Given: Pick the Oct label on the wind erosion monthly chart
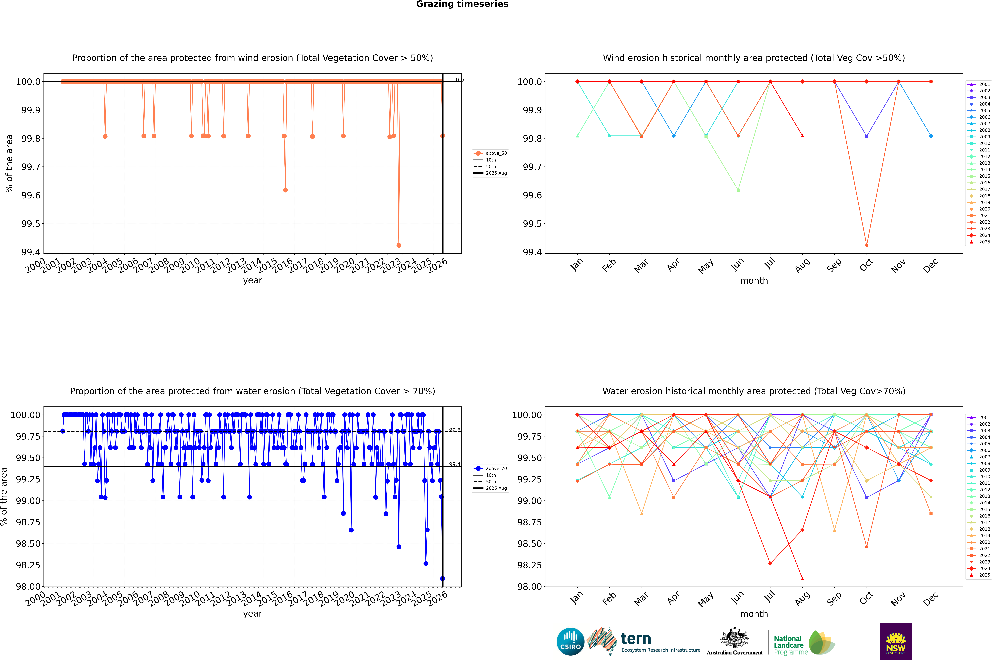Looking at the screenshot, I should point(866,265).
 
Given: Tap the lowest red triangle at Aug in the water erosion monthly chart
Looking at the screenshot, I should point(802,578).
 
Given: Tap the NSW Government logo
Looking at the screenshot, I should point(896,642).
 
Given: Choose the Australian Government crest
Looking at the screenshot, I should point(735,638).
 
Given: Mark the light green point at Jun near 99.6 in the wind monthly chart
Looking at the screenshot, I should point(738,190).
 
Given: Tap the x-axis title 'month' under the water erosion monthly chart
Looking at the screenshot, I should point(754,614).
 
